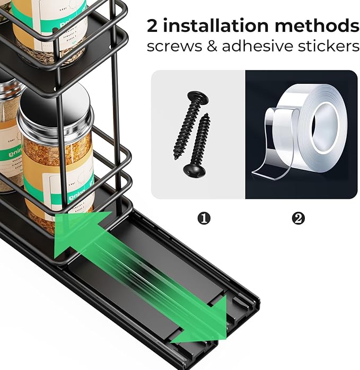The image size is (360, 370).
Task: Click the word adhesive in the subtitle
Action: point(254,47)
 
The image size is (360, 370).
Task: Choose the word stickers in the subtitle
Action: point(326,47)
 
